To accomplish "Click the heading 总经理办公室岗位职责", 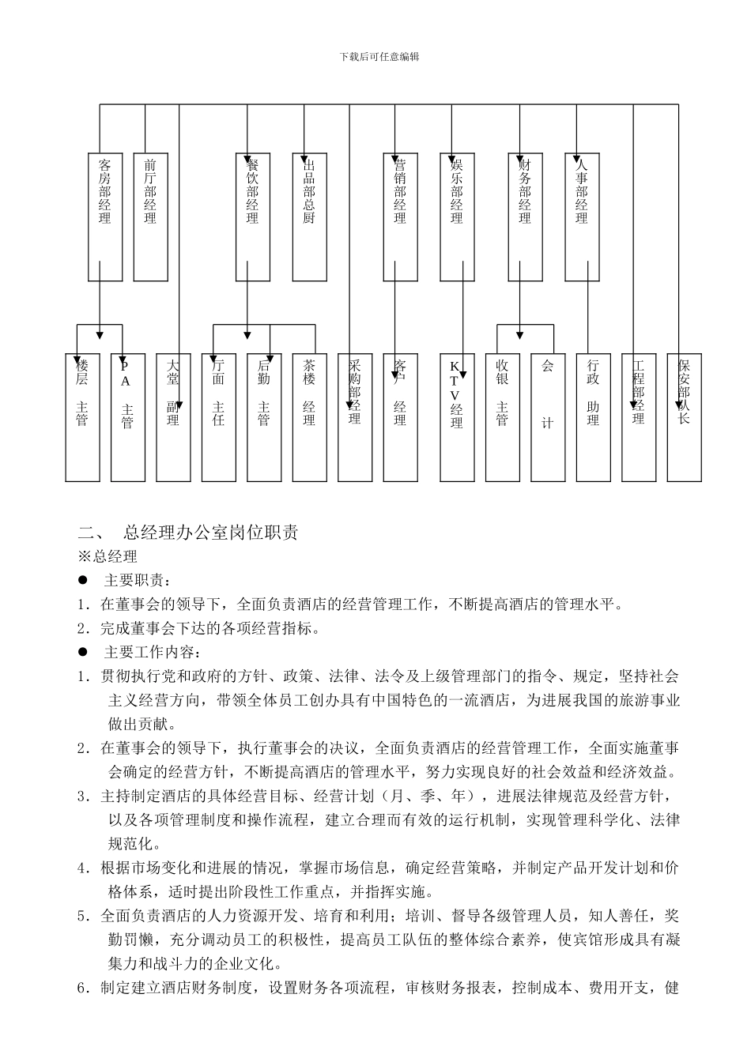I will click(211, 533).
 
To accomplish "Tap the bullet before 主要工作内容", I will click(82, 652).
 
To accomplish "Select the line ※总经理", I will click(108, 556).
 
